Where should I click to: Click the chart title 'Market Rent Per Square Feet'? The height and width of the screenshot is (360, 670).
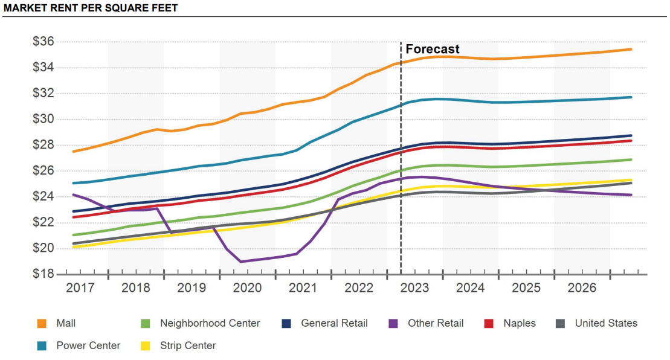tap(90, 8)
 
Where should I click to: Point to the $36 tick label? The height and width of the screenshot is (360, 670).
tap(43, 42)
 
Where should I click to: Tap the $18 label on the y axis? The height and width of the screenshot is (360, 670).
tap(43, 274)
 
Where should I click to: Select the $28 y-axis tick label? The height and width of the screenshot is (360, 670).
tap(43, 145)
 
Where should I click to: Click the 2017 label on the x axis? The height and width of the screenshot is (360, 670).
tap(80, 288)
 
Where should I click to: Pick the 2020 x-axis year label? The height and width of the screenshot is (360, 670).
tap(248, 288)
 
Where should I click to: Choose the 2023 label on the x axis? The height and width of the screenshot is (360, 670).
tap(414, 288)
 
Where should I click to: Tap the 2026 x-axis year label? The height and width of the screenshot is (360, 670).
tap(582, 288)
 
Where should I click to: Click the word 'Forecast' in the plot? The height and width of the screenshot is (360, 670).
tap(433, 49)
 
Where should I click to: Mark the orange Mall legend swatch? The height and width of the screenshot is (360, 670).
tap(42, 324)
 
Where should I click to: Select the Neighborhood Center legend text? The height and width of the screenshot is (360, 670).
tap(210, 323)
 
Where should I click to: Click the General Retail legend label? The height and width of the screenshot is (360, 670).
tap(334, 323)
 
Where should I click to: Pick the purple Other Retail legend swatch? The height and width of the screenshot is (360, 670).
tap(393, 324)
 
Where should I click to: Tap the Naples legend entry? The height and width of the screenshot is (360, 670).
tap(520, 323)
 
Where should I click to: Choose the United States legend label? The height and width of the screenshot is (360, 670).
tap(606, 323)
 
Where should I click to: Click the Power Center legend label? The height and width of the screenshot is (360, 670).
tap(88, 346)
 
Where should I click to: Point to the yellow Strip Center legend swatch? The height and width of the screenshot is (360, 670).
tap(146, 346)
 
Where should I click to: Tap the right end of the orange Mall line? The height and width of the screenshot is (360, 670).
tap(631, 50)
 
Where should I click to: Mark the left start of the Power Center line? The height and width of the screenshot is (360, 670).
tap(74, 183)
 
